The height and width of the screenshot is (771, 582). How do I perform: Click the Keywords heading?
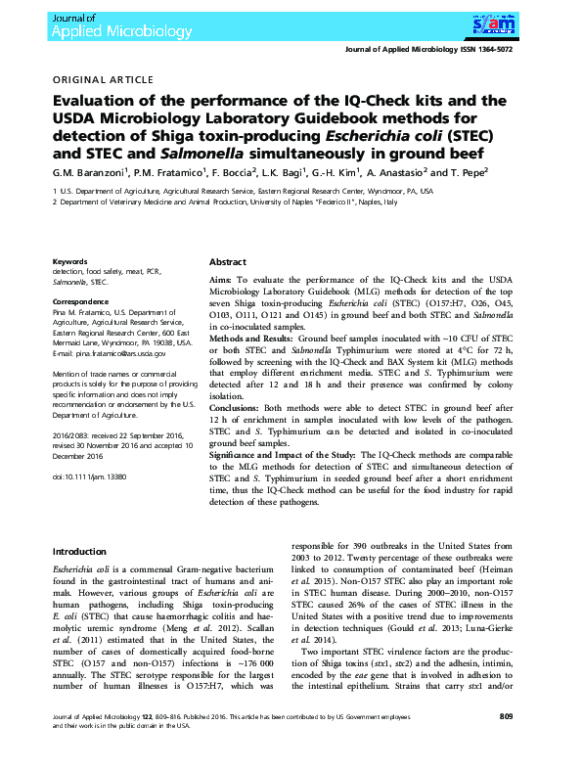(70, 262)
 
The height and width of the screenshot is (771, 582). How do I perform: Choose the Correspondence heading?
(81, 302)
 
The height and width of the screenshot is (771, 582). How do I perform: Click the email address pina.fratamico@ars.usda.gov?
(110, 353)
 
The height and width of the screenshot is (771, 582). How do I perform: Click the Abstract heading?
(228, 263)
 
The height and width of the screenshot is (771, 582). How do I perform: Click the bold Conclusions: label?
(240, 409)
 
